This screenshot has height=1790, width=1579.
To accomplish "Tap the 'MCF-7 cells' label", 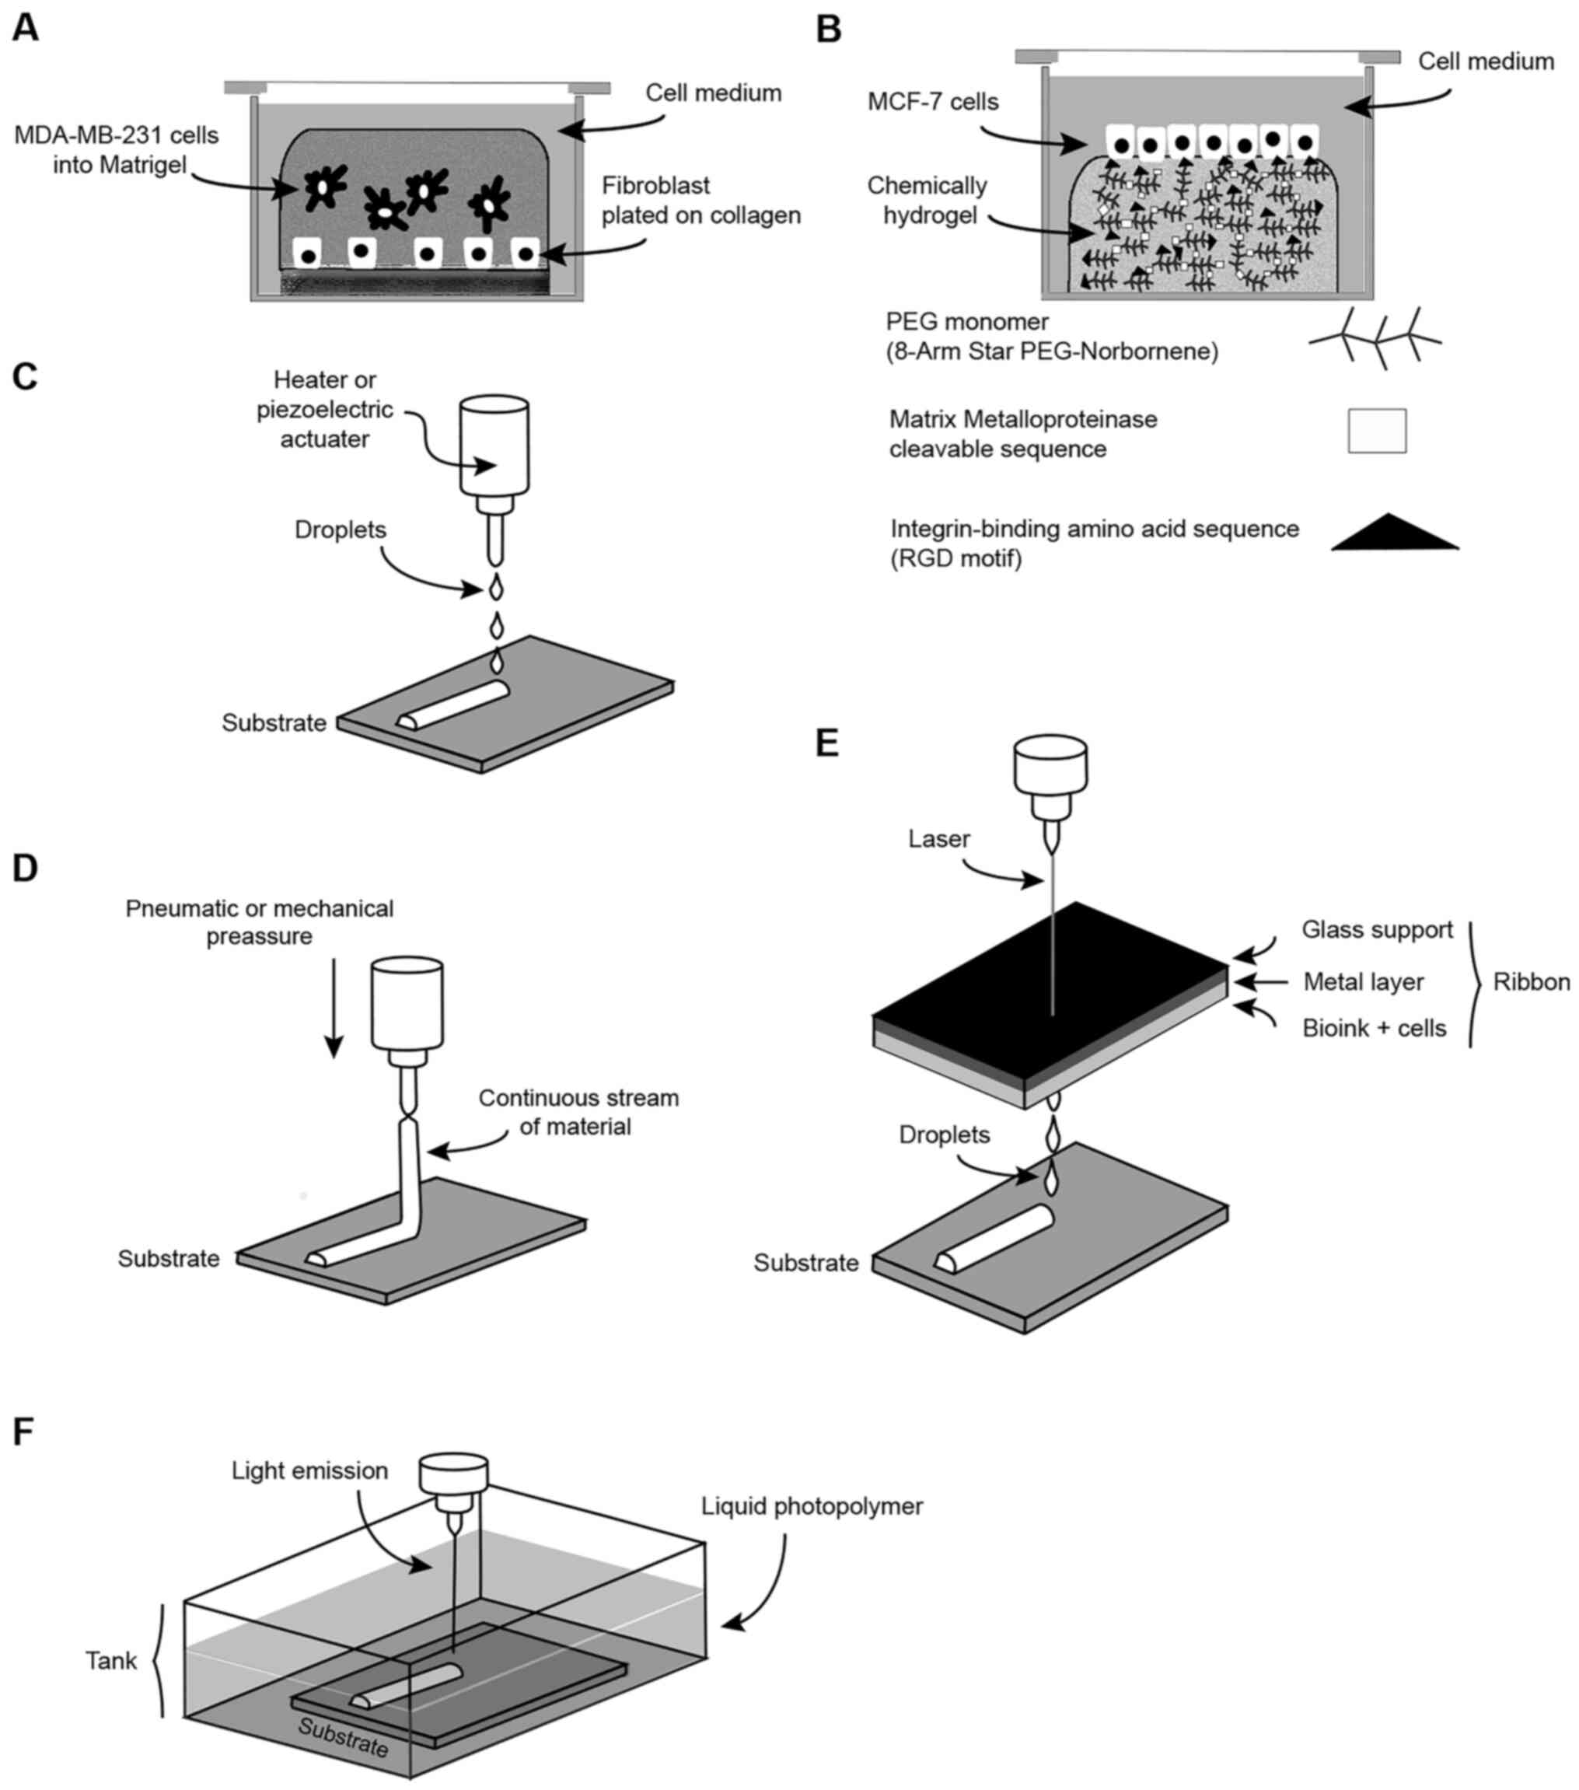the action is (x=933, y=102).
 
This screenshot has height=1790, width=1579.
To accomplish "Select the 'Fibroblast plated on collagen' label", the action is (x=700, y=200).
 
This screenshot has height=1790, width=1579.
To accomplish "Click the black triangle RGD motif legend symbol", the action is (x=1395, y=532).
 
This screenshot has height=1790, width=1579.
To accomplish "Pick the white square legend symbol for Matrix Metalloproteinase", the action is (x=1377, y=430).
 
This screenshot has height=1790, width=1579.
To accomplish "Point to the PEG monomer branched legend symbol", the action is (x=1375, y=338).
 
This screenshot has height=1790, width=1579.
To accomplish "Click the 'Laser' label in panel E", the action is (x=939, y=838).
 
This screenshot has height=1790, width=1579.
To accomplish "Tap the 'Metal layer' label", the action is (x=1363, y=981).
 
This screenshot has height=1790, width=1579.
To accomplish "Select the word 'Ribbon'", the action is (x=1531, y=981).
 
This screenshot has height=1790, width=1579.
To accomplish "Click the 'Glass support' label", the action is (x=1377, y=929).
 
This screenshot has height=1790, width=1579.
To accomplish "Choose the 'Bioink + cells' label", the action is (x=1374, y=1027).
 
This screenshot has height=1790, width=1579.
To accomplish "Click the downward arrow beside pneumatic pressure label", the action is (x=333, y=1007).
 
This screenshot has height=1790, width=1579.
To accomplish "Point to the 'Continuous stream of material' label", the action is (x=578, y=1111).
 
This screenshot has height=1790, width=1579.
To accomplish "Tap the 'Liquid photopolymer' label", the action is (x=812, y=1505).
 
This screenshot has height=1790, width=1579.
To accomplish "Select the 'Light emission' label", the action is (x=309, y=1470).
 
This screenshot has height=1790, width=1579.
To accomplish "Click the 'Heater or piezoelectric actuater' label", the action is (x=325, y=409).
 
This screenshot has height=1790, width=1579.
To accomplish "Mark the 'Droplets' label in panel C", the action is (x=340, y=530).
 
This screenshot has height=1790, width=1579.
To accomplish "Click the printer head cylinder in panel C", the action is (x=494, y=446).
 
